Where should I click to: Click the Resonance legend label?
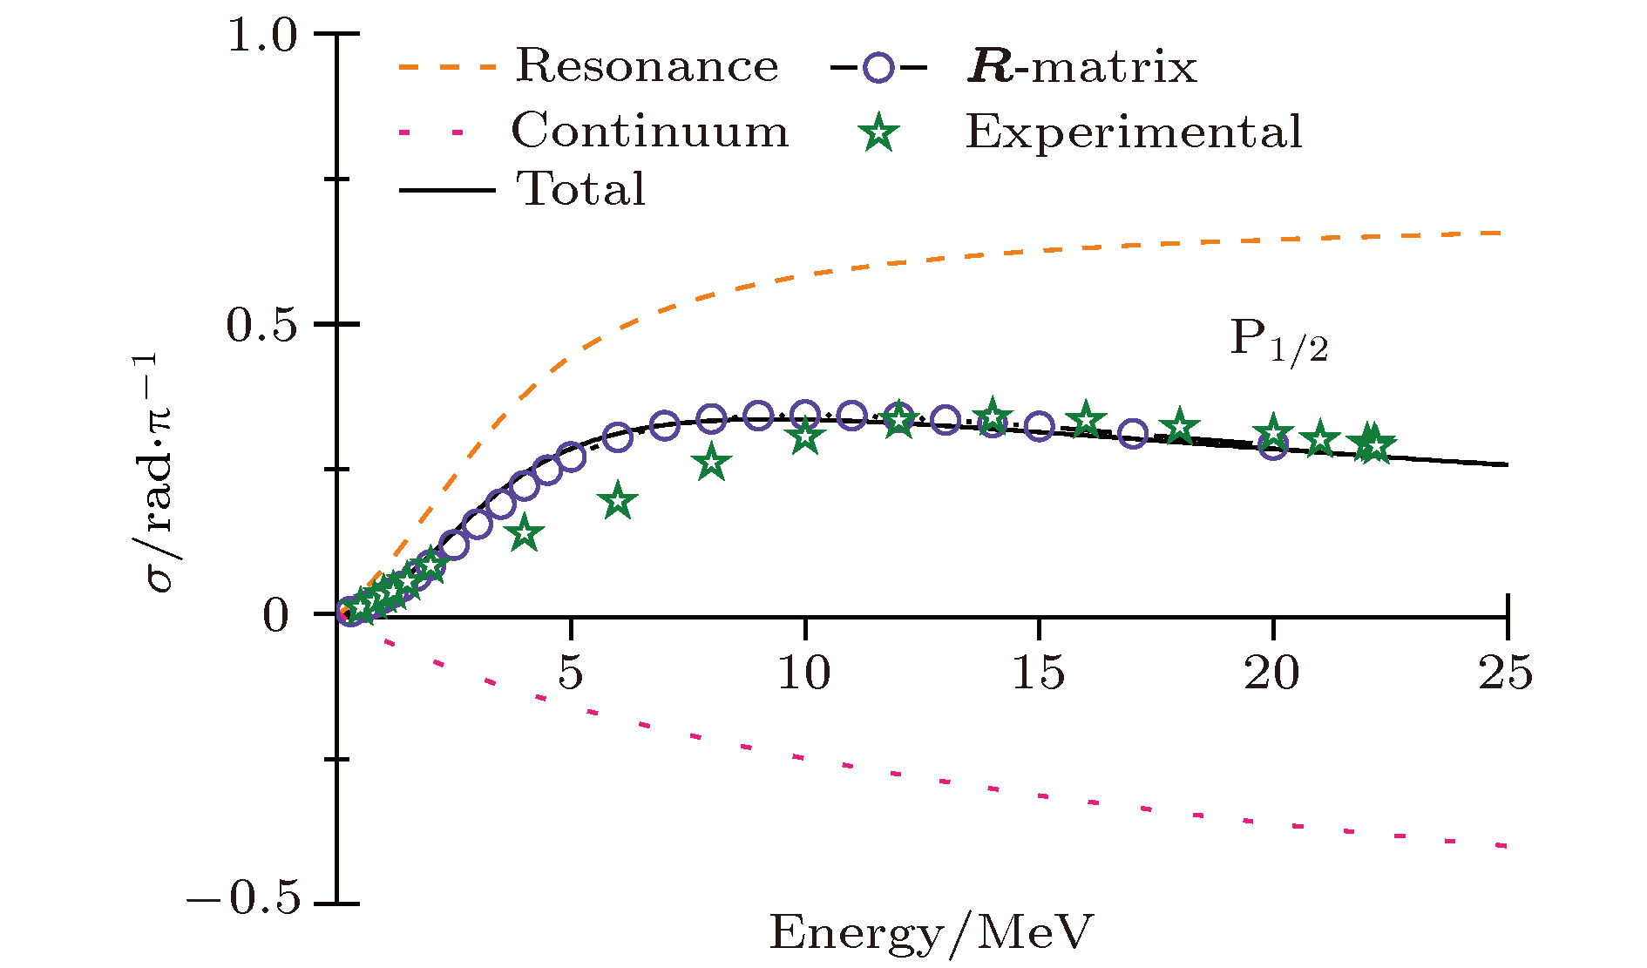coord(647,66)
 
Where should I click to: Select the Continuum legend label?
coord(649,132)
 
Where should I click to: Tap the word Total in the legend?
coord(582,189)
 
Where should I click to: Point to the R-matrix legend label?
coord(1082,67)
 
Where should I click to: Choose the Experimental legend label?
coord(1133,132)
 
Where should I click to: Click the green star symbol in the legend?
coord(879,133)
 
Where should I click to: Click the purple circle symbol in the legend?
coord(879,67)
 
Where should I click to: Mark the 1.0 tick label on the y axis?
coord(262,36)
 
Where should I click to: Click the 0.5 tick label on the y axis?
coord(262,326)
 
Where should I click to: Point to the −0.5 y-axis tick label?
coord(244,898)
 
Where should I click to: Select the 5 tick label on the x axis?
coord(571,674)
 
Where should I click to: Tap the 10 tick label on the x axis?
coord(804,674)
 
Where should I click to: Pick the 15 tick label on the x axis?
coord(1038,674)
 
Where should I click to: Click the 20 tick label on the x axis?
coord(1272,674)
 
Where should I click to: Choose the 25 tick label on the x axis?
coord(1506,674)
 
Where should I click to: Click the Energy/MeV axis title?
coord(930,933)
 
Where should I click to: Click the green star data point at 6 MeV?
coord(618,501)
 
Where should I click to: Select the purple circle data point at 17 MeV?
coord(1132,433)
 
